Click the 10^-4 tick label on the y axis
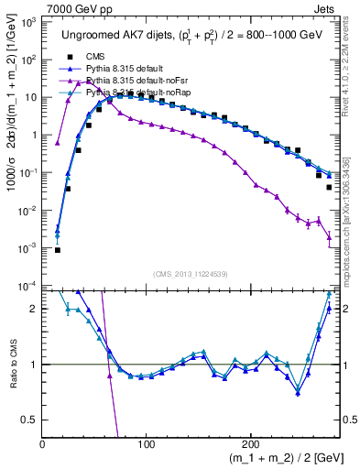click(x=27, y=286)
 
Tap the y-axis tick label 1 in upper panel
click(x=34, y=136)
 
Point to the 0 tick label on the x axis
click(x=43, y=443)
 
